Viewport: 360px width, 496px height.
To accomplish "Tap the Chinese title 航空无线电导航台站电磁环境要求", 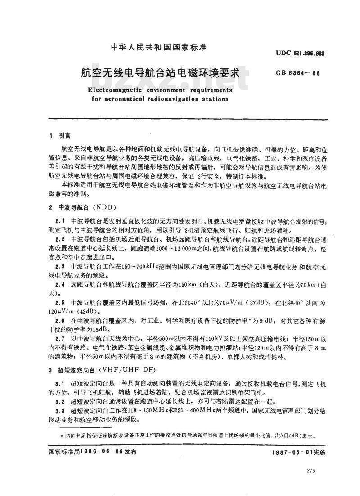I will [x=159, y=72].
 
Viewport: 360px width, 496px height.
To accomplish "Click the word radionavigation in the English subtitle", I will [x=165, y=99].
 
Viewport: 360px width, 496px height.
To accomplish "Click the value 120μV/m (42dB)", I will [x=72, y=311].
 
